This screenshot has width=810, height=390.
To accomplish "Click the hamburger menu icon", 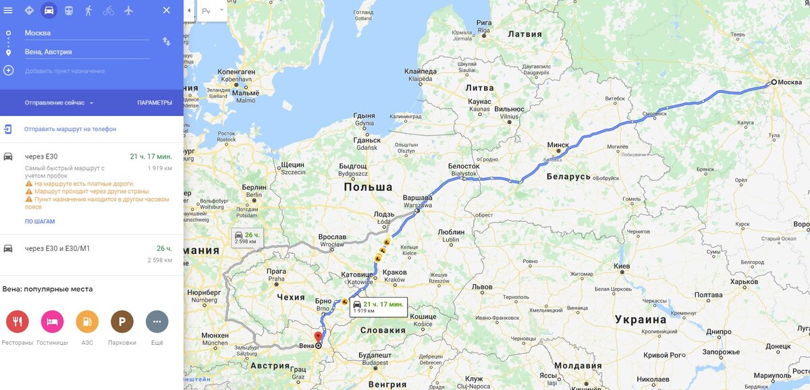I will point(8,10).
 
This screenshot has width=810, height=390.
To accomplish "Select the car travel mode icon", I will point(49,10).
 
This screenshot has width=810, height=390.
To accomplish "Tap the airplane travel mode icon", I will point(128,10).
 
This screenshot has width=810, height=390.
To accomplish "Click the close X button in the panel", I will point(167,10).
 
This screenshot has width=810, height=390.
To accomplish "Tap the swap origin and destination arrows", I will point(167,42).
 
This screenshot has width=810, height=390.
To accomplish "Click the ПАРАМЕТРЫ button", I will point(155,103).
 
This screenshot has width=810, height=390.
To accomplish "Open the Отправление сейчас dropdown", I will point(59,103).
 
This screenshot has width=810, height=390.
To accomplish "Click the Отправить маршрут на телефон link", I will point(70,129).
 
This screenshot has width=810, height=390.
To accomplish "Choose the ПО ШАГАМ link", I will point(40,221).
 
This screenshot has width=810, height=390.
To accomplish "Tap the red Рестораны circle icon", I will point(18,322).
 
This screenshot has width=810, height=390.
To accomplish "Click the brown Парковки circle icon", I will point(122,322).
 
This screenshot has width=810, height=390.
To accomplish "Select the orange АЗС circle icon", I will point(87,322).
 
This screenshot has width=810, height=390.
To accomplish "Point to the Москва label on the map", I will point(790,82).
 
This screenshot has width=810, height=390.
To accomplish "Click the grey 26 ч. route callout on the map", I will point(246,238).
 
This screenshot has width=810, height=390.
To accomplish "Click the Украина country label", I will point(641,319).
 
